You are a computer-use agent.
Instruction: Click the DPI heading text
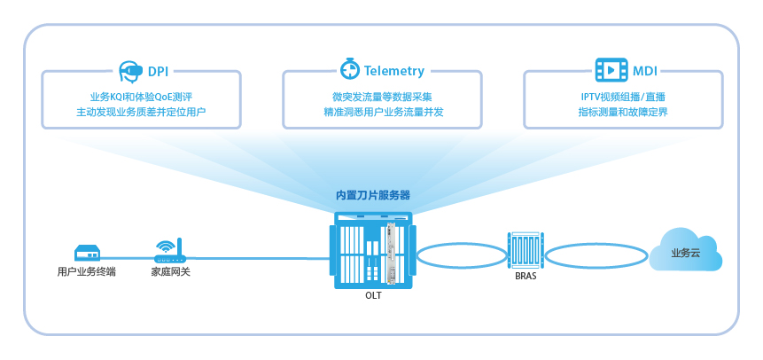pyautogui.click(x=159, y=70)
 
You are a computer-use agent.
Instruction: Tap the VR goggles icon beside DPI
pyautogui.click(x=130, y=69)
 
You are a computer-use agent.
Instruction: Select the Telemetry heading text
pyautogui.click(x=393, y=70)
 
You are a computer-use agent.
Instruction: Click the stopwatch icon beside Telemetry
pyautogui.click(x=348, y=69)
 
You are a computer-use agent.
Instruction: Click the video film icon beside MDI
pyautogui.click(x=611, y=69)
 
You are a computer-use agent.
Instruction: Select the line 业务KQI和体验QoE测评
pyautogui.click(x=142, y=96)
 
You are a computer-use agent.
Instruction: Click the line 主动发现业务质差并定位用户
pyautogui.click(x=142, y=113)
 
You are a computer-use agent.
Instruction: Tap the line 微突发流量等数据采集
pyautogui.click(x=383, y=96)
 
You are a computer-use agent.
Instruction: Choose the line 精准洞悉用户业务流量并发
pyautogui.click(x=383, y=113)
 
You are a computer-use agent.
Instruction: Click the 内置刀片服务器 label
pyautogui.click(x=372, y=195)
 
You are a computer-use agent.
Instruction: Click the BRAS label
pyautogui.click(x=526, y=276)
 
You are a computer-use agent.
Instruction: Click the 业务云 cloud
pyautogui.click(x=685, y=251)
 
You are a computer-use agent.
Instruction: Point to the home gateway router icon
pyautogui.click(x=169, y=250)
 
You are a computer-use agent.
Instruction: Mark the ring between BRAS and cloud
pyautogui.click(x=596, y=256)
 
